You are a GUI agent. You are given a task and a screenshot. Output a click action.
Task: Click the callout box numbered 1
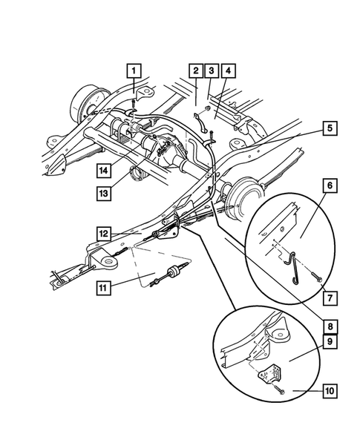(134, 71)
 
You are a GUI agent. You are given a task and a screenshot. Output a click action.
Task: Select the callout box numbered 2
(195, 71)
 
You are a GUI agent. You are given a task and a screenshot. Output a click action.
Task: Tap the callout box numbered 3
(211, 71)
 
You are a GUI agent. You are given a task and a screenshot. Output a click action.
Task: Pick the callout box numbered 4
(228, 71)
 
